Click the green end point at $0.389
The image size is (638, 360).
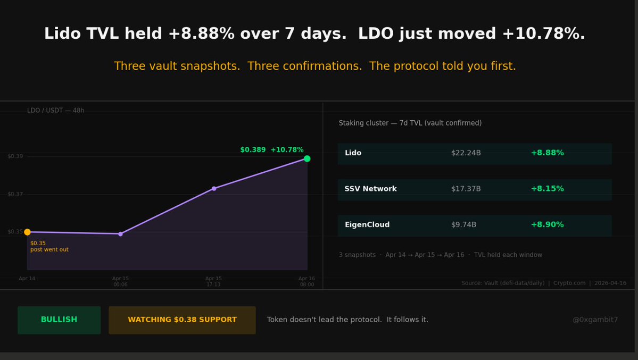(307, 158)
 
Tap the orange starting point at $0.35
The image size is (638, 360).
(27, 232)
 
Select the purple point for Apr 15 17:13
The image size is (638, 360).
(214, 188)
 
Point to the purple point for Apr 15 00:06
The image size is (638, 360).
(120, 234)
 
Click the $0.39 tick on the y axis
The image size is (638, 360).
(15, 156)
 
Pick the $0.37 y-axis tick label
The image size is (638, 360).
(15, 194)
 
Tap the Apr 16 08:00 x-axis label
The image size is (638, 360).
(306, 281)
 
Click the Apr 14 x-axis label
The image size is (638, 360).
(27, 279)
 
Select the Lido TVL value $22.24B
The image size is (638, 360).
(466, 153)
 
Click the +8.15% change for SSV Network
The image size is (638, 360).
(547, 189)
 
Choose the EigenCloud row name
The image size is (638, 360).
(367, 225)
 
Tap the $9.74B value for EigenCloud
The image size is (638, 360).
(463, 225)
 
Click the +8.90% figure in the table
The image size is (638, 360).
(547, 225)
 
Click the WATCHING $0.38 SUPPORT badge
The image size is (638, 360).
(182, 320)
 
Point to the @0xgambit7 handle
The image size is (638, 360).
(595, 320)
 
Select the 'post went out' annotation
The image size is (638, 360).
(49, 250)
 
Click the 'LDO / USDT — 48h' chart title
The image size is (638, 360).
(56, 111)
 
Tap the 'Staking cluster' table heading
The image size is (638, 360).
(410, 123)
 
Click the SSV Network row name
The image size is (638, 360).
(370, 189)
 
